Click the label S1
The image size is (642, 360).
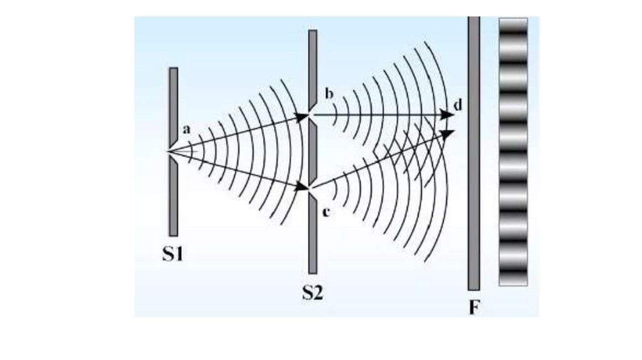point(172,255)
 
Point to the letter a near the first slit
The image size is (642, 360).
point(186,129)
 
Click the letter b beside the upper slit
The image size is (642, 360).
point(329,95)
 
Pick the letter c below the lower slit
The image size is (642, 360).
point(326,212)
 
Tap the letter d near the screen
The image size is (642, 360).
point(458,105)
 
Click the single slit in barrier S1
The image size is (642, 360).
point(172,151)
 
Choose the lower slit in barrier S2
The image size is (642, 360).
point(312,187)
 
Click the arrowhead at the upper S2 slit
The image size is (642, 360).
point(304,116)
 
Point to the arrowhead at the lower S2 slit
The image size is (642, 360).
point(305,186)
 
